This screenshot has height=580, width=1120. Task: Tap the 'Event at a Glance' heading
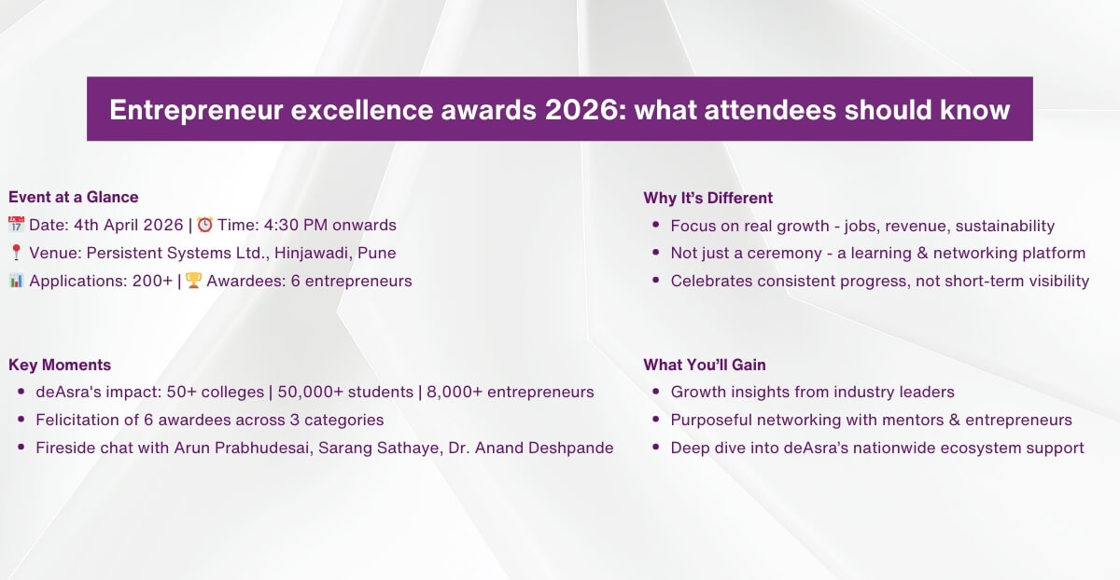[x=73, y=197]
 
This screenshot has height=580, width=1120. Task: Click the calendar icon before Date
[x=16, y=225]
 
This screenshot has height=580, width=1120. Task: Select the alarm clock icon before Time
[x=205, y=225]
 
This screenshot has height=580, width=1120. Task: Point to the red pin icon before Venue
[x=16, y=253]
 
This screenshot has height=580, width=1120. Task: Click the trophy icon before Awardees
[x=194, y=281]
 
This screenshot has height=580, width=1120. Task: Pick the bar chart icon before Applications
[x=16, y=281]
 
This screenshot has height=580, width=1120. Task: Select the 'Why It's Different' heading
[x=707, y=198]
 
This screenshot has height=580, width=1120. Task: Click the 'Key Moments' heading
[x=60, y=365]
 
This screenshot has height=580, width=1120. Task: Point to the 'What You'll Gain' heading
[x=705, y=365]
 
